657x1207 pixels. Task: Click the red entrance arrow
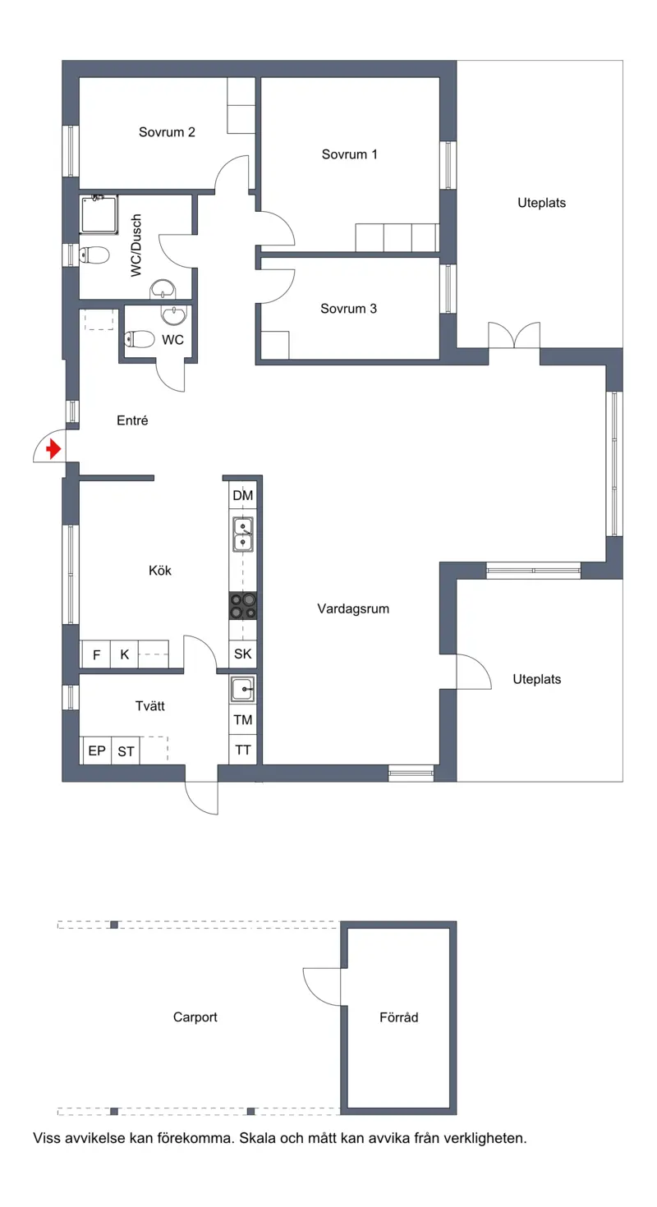53,449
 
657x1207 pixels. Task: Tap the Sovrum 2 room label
167,132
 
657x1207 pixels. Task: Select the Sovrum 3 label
348,309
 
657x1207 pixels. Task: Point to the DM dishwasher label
242,495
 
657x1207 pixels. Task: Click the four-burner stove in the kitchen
243,606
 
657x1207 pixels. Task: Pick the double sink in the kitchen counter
243,534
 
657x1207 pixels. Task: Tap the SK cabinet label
242,654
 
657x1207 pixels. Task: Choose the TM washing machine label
243,720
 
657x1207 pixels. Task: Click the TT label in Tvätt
243,750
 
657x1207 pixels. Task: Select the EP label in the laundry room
97,750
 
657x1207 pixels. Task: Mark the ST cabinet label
126,751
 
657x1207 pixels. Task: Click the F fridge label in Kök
96,654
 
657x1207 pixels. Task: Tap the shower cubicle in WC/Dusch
99,214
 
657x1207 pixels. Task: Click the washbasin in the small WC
174,316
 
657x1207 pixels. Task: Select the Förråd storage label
399,1017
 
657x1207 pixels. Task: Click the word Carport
195,1017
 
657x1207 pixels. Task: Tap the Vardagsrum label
353,609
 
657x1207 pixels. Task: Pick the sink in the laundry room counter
243,689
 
